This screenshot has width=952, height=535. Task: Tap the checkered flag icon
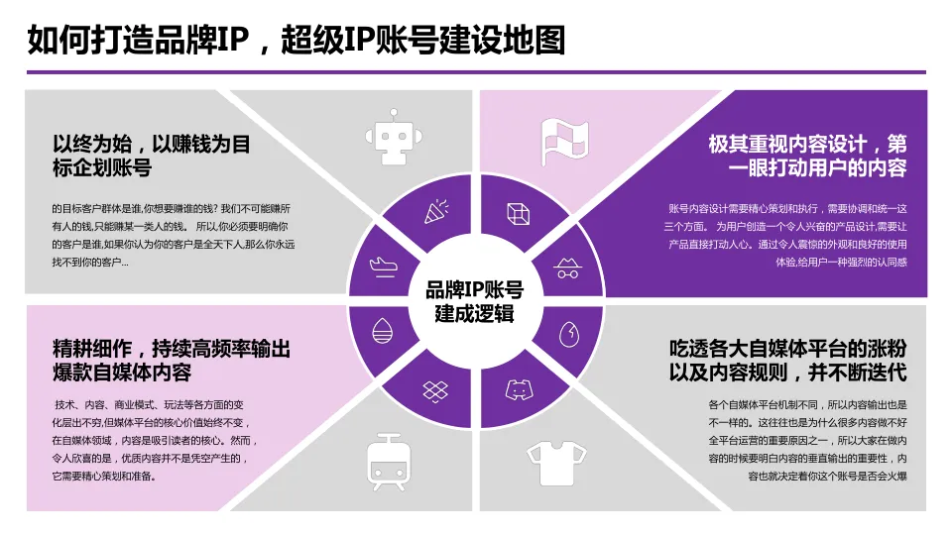pyautogui.click(x=563, y=142)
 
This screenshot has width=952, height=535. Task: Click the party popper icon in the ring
pyautogui.click(x=433, y=212)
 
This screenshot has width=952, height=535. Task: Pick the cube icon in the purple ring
pyautogui.click(x=518, y=213)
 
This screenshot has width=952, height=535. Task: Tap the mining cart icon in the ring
pyautogui.click(x=568, y=266)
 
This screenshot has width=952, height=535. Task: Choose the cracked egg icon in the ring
pyautogui.click(x=569, y=332)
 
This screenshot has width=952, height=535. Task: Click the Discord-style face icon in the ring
pyautogui.click(x=518, y=388)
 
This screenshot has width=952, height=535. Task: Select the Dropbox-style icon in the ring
pyautogui.click(x=432, y=388)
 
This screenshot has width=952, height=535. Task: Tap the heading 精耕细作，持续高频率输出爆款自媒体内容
pyautogui.click(x=171, y=361)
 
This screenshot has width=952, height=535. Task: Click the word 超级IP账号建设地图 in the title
pyautogui.click(x=422, y=41)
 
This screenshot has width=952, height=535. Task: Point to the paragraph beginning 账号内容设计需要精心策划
pyautogui.click(x=787, y=235)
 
